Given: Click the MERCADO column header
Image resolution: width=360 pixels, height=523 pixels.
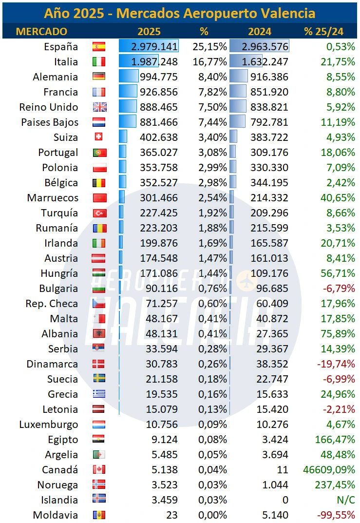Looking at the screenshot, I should click(x=41, y=31).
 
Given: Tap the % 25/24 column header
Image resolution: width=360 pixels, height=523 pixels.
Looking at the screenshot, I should click(x=323, y=31).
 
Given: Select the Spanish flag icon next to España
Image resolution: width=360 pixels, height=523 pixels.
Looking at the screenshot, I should click(x=99, y=47).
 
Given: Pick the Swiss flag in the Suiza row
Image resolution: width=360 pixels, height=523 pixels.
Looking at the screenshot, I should click(x=99, y=137).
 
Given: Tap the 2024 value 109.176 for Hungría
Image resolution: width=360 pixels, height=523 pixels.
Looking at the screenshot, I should click(x=269, y=273).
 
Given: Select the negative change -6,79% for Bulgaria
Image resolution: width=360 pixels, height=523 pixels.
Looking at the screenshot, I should click(x=338, y=289).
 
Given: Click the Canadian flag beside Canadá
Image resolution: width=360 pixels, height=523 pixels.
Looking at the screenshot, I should click(x=99, y=470).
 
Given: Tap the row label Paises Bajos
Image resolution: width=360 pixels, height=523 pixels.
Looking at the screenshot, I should click(x=49, y=122).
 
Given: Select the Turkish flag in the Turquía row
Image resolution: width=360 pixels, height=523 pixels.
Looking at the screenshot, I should click(x=99, y=213).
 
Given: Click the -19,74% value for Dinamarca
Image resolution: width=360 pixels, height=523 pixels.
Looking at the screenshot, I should click(x=336, y=364).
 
